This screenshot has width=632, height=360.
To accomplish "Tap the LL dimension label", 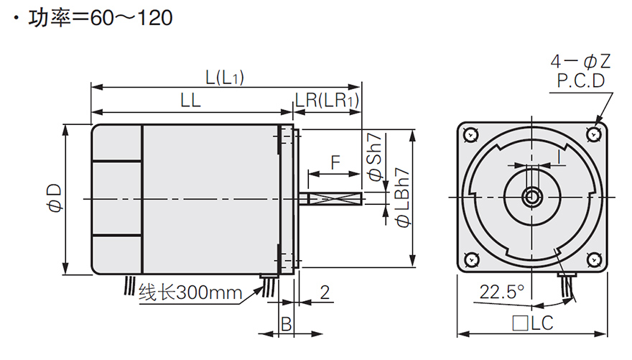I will (x=190, y=102).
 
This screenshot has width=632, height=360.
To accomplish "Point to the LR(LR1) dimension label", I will (x=327, y=102).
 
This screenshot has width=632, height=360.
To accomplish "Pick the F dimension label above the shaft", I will (x=335, y=162).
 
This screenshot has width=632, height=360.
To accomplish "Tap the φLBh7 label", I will (x=403, y=198).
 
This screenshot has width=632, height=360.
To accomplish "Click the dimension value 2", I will (x=325, y=292).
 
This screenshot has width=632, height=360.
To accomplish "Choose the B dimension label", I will (x=285, y=324).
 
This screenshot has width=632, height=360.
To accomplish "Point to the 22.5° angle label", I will (x=502, y=292).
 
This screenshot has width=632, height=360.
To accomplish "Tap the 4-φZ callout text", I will (x=581, y=61).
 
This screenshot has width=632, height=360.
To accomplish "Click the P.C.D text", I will (x=581, y=80).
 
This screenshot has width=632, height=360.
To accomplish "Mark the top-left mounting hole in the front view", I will (x=470, y=134).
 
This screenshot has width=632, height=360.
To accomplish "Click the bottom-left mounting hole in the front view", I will (x=470, y=259).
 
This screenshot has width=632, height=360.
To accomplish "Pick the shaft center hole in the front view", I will (x=533, y=196).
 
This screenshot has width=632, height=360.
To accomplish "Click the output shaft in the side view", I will (x=334, y=197).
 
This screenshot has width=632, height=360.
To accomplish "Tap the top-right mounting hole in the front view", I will (x=595, y=134).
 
